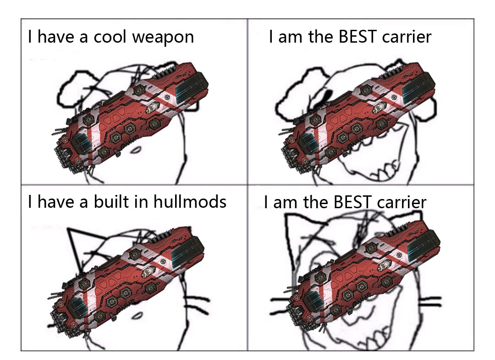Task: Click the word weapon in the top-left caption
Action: pyautogui.click(x=163, y=37)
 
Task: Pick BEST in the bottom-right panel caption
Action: pyautogui.click(x=352, y=202)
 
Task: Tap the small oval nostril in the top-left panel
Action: pyautogui.click(x=136, y=150)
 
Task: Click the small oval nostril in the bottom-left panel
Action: pyautogui.click(x=137, y=316)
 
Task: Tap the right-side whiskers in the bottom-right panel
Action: pyautogui.click(x=430, y=302)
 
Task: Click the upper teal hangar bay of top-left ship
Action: pyautogui.click(x=191, y=86)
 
